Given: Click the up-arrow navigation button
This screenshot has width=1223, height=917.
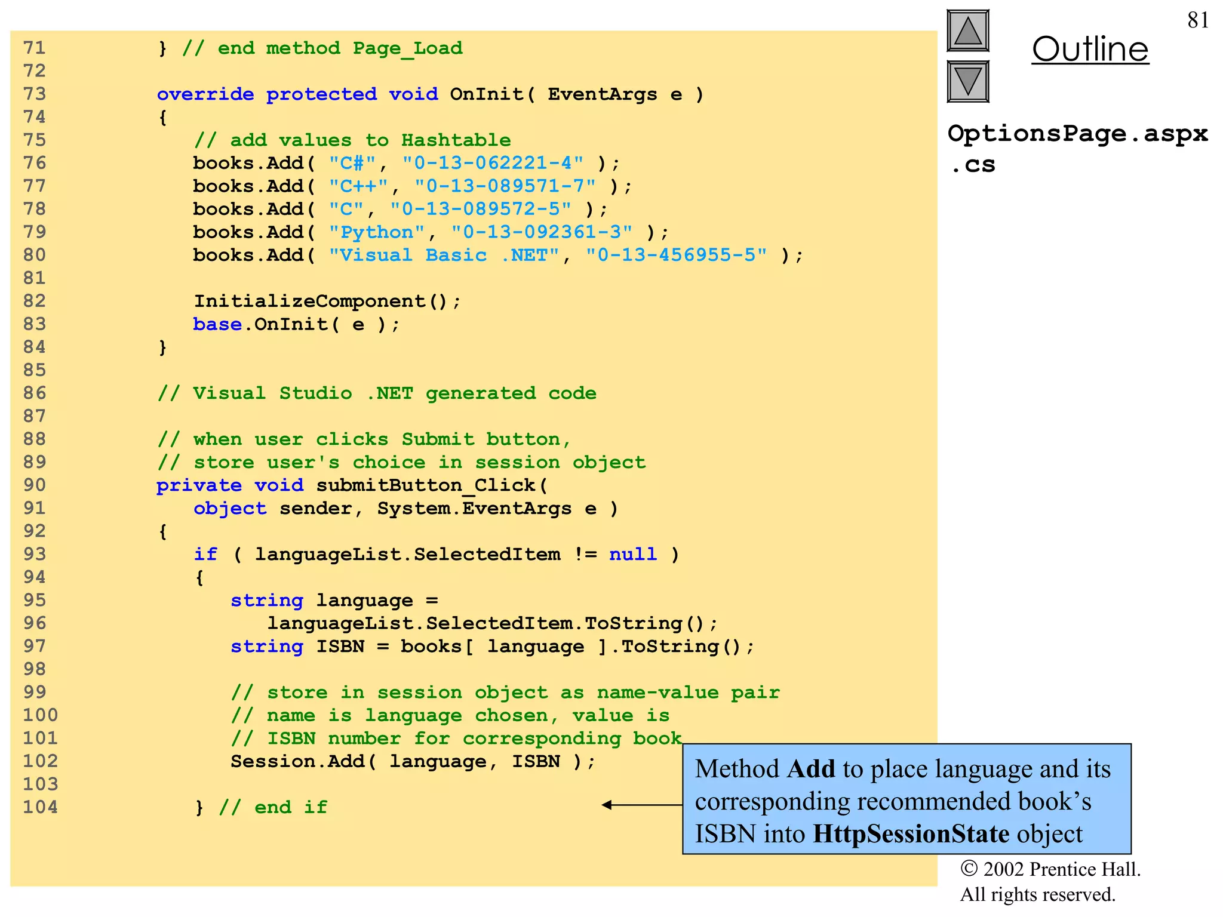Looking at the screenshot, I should (967, 31).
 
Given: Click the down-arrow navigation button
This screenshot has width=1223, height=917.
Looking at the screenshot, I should (967, 81).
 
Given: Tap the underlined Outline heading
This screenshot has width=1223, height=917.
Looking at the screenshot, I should (1090, 49).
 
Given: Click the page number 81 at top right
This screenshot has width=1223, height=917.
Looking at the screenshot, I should (1197, 20).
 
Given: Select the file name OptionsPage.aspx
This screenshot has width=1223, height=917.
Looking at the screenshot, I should (1077, 134).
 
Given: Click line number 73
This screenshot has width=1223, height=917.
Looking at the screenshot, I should (35, 94).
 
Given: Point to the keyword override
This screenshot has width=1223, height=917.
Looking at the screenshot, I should (205, 94).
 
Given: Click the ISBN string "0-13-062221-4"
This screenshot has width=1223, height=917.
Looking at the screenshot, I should (493, 163).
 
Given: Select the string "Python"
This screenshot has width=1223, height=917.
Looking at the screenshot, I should (376, 232).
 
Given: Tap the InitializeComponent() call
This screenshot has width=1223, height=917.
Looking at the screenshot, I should (326, 301).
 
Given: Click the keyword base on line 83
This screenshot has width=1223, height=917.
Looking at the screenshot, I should (217, 324).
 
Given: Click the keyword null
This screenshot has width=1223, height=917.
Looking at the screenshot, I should (632, 554).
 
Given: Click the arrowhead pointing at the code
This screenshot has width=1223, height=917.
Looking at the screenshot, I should (607, 805).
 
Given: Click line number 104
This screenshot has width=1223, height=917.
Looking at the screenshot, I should (41, 807).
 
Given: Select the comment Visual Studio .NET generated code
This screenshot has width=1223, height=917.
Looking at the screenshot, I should (376, 393).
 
